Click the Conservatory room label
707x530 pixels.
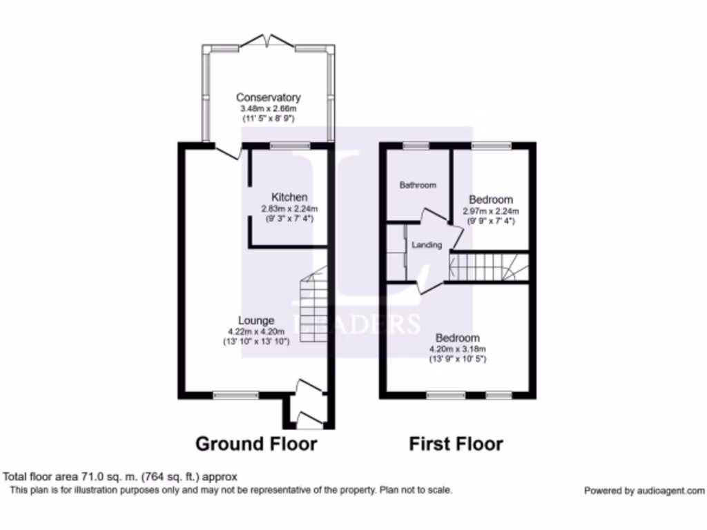pyautogui.click(x=268, y=97)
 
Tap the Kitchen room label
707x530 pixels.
pyautogui.click(x=289, y=197)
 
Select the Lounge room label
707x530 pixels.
pyautogui.click(x=256, y=320)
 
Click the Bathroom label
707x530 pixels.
pyautogui.click(x=418, y=185)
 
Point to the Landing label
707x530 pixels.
pyautogui.click(x=426, y=245)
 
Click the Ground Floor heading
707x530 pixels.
pyautogui.click(x=256, y=443)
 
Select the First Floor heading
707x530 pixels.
pyautogui.click(x=456, y=443)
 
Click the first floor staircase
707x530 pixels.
pyautogui.click(x=487, y=267)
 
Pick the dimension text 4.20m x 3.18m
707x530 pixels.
pyautogui.click(x=457, y=349)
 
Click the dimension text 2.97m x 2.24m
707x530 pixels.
pyautogui.click(x=490, y=211)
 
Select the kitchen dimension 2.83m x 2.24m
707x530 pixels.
pyautogui.click(x=289, y=209)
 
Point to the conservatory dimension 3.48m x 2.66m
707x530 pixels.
pyautogui.click(x=268, y=108)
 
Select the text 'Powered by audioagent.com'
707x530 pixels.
pyautogui.click(x=643, y=491)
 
